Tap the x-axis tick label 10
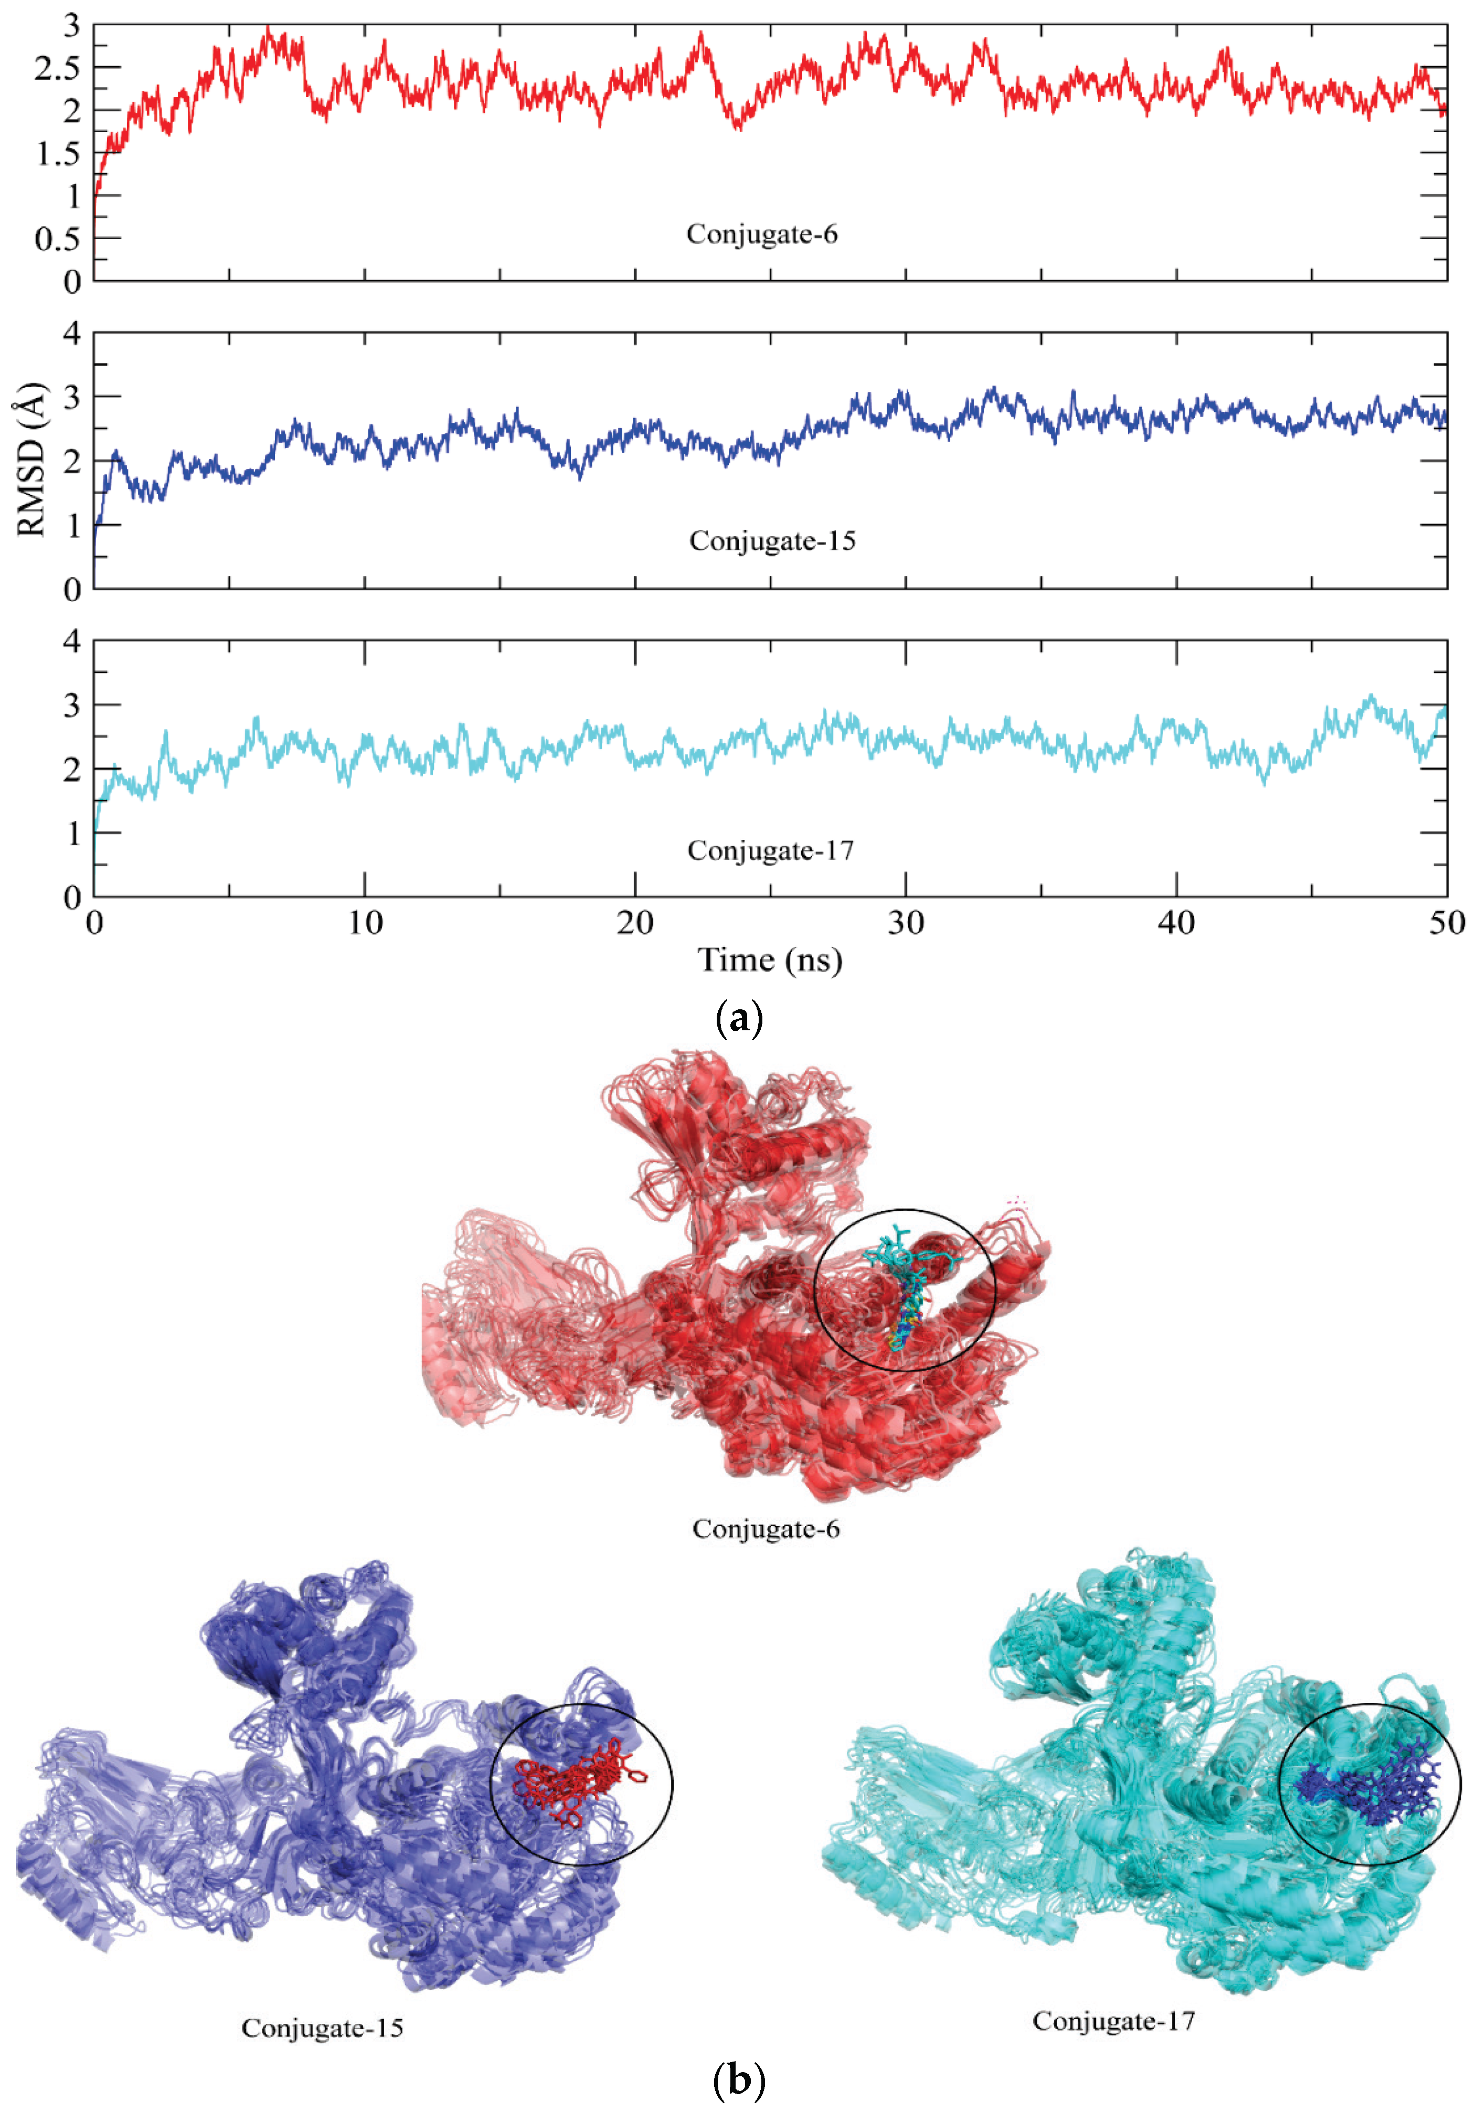[365, 922]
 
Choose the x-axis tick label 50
[1446, 922]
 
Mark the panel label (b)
[738, 2078]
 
